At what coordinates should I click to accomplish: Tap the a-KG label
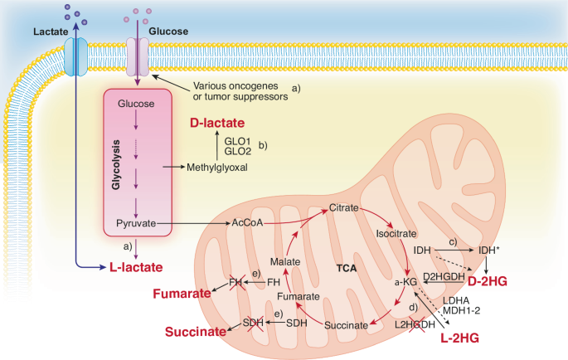(x=404, y=282)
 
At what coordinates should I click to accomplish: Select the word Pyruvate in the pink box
(x=136, y=224)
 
